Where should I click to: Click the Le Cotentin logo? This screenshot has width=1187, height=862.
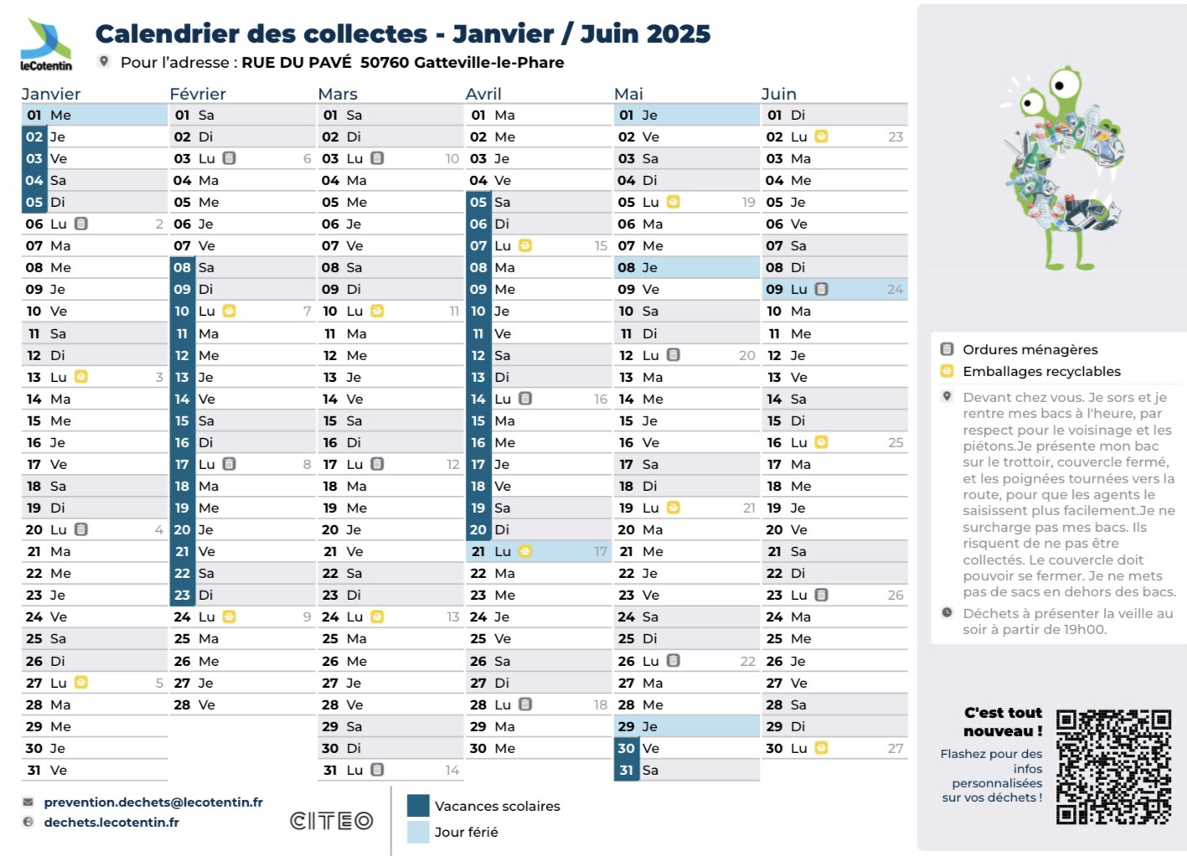point(46,45)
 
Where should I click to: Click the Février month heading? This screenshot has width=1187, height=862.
point(198,94)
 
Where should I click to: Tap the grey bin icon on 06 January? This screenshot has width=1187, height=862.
point(81,224)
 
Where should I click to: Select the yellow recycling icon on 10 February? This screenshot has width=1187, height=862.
point(229,311)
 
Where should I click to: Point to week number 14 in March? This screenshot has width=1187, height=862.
point(452,770)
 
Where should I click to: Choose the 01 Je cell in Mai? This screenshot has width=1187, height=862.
point(686,115)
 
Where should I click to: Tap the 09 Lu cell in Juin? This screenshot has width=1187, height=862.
point(834,289)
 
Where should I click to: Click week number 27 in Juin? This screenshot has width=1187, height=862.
point(895,748)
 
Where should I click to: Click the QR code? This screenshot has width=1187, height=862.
point(1113,767)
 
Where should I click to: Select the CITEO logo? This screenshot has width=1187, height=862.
point(332,821)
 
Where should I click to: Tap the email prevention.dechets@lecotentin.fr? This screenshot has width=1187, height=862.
point(153,802)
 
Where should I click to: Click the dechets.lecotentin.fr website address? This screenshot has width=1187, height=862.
point(111,822)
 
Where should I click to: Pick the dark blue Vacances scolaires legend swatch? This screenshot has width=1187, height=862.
point(418,805)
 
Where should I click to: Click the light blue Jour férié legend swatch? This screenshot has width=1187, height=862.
point(418,832)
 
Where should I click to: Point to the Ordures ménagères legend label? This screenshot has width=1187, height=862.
point(1030,349)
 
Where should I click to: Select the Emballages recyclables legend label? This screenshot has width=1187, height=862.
point(1041,371)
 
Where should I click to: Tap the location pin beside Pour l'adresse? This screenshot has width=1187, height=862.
point(104,61)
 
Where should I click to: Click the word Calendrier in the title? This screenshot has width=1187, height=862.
point(153,34)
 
